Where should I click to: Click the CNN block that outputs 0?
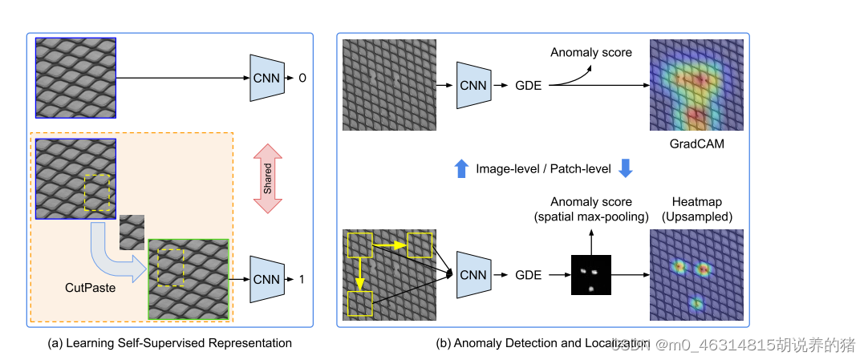tap(267, 78)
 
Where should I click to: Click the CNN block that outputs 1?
tap(267, 279)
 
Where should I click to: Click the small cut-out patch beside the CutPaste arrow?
tap(132, 233)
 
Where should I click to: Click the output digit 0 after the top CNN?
tap(302, 79)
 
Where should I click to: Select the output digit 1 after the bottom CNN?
tap(302, 279)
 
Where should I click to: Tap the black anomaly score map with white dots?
tap(590, 275)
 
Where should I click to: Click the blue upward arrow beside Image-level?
tap(461, 168)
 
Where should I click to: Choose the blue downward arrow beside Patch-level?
tap(627, 168)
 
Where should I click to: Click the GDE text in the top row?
tap(529, 84)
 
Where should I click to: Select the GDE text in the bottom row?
tap(529, 275)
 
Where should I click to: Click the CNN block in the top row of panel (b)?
tap(473, 84)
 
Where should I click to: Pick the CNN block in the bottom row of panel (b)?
tap(473, 275)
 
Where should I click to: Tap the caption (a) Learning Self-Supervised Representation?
tap(170, 343)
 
